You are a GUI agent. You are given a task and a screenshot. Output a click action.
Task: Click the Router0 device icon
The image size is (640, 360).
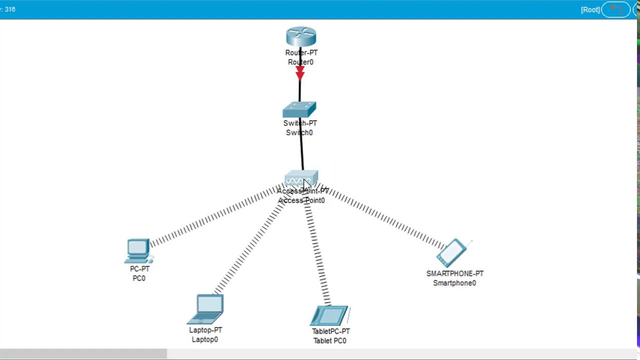[301, 37]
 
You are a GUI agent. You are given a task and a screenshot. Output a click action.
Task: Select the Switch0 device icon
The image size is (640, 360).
[299, 110]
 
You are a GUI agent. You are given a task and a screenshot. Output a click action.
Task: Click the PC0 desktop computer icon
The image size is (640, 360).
[138, 250]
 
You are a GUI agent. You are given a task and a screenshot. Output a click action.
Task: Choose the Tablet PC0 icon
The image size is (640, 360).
[329, 316]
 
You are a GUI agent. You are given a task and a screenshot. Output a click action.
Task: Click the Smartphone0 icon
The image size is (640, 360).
[452, 253]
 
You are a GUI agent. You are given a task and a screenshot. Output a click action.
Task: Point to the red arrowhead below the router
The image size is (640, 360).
[299, 74]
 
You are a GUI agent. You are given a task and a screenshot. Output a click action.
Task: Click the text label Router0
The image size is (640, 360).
[300, 62]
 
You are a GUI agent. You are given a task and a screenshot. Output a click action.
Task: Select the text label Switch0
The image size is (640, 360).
[299, 132]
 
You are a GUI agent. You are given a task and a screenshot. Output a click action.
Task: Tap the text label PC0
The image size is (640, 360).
[139, 278]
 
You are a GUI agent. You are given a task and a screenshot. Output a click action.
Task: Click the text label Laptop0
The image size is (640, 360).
[204, 339]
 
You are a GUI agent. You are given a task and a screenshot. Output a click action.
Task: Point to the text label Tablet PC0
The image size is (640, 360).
[329, 340]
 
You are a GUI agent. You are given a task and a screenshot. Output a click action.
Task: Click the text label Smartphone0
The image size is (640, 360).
[454, 283]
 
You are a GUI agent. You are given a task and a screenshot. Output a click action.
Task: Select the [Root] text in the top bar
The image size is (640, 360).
[590, 10]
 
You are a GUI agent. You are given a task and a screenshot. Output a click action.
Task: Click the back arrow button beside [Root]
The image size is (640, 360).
[616, 10]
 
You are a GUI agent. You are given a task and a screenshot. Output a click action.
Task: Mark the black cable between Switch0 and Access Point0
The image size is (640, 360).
[301, 150]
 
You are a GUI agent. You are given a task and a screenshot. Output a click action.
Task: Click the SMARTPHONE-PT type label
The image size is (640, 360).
[454, 273]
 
